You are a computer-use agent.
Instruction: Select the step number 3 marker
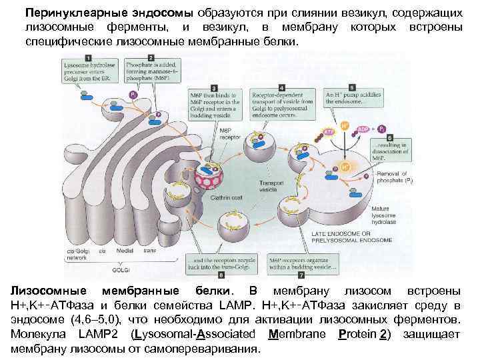pyautogui.click(x=213, y=87)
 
